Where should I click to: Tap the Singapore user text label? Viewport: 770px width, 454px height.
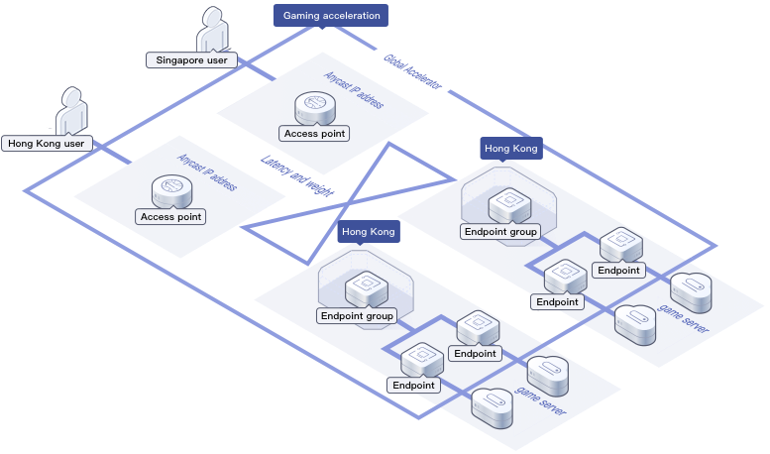click(x=191, y=60)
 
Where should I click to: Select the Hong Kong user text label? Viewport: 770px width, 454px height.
click(x=47, y=144)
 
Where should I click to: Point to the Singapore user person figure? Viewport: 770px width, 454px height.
click(x=213, y=30)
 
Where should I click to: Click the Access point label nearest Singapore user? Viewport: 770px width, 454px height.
click(x=314, y=134)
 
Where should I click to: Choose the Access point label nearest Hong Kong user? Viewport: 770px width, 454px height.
click(x=171, y=216)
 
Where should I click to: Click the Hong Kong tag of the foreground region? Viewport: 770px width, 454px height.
click(x=369, y=232)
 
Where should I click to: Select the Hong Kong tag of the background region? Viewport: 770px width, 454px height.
click(x=511, y=149)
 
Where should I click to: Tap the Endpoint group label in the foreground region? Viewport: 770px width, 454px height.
click(x=358, y=316)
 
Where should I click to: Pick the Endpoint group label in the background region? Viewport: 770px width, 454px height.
click(x=500, y=232)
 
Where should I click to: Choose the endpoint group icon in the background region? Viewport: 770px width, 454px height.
click(x=509, y=204)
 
